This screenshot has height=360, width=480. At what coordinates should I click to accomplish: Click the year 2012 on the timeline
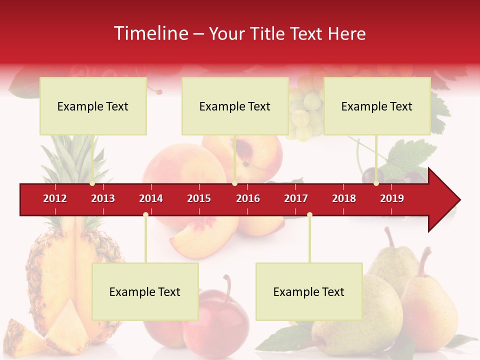55,198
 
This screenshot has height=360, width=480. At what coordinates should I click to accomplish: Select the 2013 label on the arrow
103,198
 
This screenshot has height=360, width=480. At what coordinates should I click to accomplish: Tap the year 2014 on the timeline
151,198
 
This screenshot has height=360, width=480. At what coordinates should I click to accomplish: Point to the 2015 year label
199,198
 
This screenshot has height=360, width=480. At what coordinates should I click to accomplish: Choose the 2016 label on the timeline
248,198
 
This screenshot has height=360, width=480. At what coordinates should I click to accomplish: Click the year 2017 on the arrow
296,198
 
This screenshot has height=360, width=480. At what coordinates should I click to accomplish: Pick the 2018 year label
344,198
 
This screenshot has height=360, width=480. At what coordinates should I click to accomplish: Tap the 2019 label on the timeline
392,198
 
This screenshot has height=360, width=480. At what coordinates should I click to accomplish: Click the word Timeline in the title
150,33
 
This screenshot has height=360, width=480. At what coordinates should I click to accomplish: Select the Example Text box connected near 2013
93,106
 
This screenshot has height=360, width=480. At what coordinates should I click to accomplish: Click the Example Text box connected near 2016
235,106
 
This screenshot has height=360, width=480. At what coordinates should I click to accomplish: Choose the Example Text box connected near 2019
377,106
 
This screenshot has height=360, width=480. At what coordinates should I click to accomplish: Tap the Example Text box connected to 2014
145,291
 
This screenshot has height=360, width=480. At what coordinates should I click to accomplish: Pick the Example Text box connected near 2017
309,291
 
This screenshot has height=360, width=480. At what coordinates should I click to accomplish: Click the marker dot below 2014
145,215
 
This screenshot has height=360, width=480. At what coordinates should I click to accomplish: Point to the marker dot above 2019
376,183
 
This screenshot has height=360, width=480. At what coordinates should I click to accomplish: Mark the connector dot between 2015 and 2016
234,183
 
